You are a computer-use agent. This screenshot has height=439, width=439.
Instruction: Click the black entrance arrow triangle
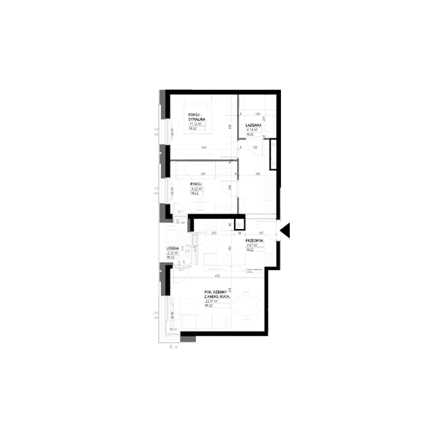[288, 230]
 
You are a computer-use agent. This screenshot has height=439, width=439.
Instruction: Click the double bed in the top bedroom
[198, 116]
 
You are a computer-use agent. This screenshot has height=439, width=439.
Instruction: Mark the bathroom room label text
[252, 126]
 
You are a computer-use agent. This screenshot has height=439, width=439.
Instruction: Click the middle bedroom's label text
[196, 188]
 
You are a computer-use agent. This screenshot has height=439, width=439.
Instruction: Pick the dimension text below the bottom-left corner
[173, 347]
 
